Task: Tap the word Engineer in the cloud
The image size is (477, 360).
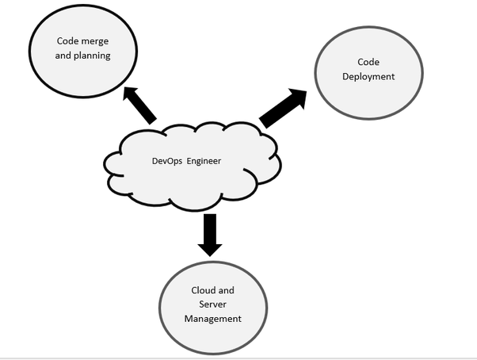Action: [x=203, y=161]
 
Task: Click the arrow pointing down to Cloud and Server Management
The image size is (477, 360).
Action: [x=210, y=234]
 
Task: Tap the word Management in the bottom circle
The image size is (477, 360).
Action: [x=212, y=319]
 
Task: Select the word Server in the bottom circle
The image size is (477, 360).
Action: [x=212, y=304]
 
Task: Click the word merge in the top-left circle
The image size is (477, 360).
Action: [x=94, y=40]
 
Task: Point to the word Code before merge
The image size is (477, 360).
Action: [x=67, y=40]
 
